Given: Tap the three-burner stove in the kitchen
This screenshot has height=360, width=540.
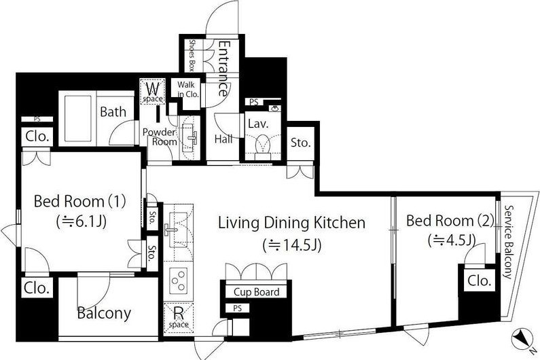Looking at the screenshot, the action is point(178,281).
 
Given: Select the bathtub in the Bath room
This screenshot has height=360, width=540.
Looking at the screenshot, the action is point(78,118).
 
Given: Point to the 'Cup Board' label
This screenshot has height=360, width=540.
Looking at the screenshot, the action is point(257,292).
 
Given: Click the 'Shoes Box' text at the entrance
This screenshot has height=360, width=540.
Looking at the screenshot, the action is point(192,56).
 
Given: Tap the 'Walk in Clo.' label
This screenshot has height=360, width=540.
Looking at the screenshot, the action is point(187,89).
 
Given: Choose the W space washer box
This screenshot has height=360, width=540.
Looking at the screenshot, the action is point(153,91).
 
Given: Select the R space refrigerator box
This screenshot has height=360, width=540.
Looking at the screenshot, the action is point(179,317).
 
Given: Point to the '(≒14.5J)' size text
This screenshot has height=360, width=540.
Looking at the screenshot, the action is point(292,246).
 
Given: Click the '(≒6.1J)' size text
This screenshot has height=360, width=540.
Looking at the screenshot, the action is point(82,221).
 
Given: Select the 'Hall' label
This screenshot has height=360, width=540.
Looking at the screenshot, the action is point(223,139).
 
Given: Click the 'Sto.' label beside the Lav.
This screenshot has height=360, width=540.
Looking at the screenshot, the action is point(301,143).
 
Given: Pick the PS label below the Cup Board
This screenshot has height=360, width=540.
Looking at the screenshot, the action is point(237,308).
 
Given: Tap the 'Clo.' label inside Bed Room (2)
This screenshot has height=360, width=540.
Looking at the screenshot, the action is point(479,281).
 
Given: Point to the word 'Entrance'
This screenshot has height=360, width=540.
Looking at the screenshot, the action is point(224,69).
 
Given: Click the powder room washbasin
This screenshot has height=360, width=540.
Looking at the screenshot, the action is point(189,137).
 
